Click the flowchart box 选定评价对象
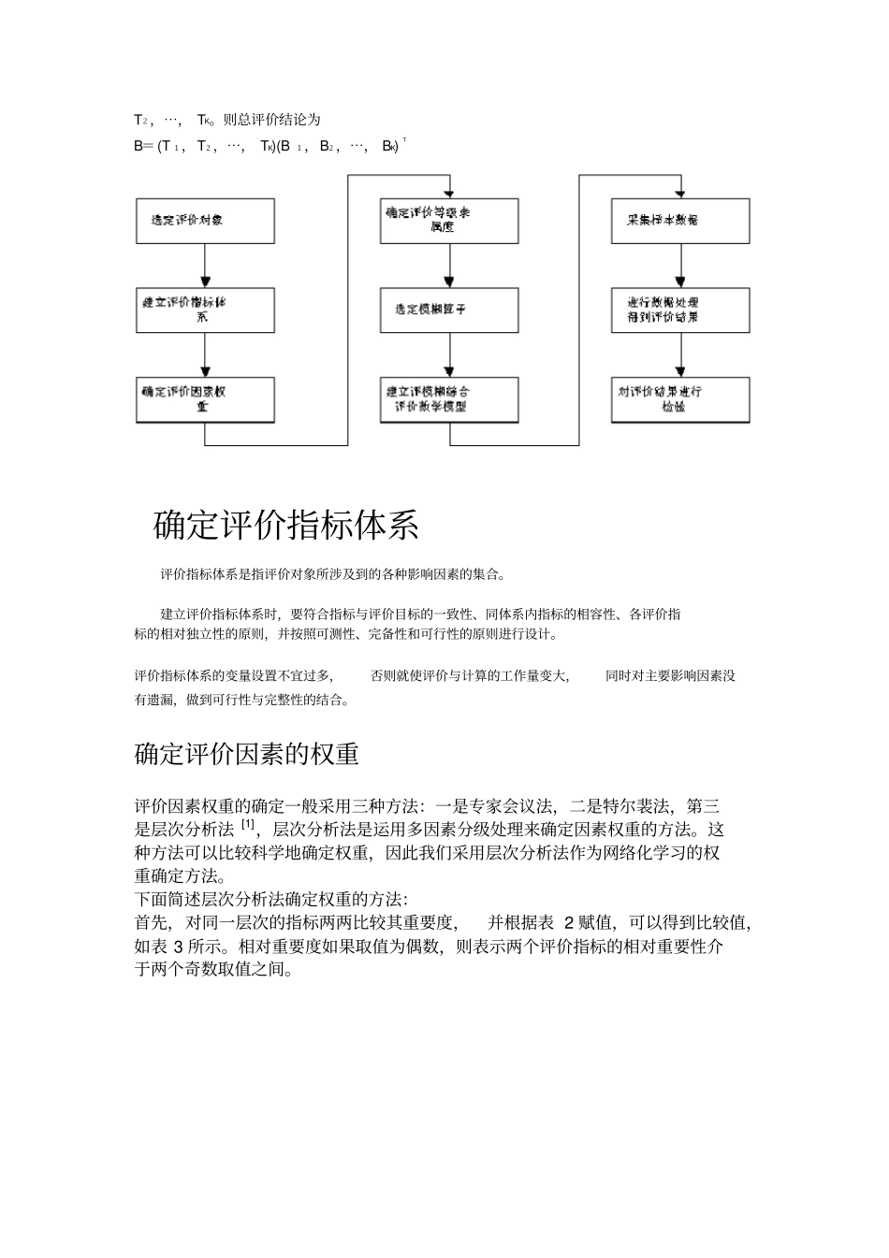pos(205,221)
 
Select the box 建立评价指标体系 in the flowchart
pos(205,310)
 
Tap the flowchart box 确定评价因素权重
pos(205,399)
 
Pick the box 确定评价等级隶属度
pos(449,221)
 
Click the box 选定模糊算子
pos(449,310)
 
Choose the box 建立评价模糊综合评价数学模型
pos(449,399)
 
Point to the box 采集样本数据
pos(680,221)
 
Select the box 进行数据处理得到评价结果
pos(680,310)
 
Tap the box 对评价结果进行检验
pos(680,399)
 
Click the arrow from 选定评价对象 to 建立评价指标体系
pos(205,266)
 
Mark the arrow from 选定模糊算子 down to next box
pos(449,354)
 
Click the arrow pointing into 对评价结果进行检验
pos(680,354)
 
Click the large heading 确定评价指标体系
pos(285,526)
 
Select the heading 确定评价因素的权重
pos(247,754)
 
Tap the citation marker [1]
pos(248,825)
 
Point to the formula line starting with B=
pos(267,146)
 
